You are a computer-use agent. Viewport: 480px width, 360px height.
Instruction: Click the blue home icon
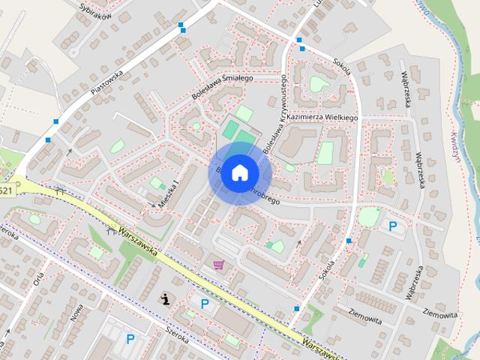pyautogui.click(x=238, y=172)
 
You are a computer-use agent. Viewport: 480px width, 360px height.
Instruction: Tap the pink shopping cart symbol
pyautogui.click(x=218, y=265)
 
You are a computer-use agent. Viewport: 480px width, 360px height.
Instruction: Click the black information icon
pyautogui.click(x=164, y=299)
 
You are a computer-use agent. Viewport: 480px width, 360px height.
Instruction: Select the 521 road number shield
pyautogui.click(x=6, y=192)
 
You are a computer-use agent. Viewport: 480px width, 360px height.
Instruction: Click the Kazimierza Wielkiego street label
pyautogui.click(x=322, y=118)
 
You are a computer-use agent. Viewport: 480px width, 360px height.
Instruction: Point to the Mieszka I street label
pyautogui.click(x=169, y=193)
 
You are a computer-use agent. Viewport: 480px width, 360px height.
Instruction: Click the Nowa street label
pyautogui.click(x=76, y=313)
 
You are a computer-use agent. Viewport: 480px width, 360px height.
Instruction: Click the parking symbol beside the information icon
pyautogui.click(x=204, y=303)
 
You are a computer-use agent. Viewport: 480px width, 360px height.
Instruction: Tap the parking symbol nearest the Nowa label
pyautogui.click(x=130, y=339)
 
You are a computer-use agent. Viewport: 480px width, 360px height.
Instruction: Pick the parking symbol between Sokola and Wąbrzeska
pyautogui.click(x=391, y=224)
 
